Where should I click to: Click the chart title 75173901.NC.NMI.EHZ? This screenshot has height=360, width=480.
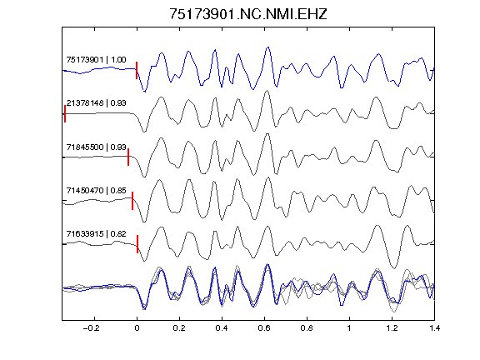click(x=248, y=14)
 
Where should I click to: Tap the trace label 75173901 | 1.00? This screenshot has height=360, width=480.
click(x=96, y=59)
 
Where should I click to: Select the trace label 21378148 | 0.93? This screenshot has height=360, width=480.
click(x=96, y=102)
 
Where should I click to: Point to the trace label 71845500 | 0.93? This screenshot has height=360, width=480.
click(x=96, y=147)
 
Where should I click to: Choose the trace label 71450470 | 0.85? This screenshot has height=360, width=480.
click(x=96, y=190)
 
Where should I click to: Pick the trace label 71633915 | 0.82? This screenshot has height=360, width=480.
click(x=96, y=234)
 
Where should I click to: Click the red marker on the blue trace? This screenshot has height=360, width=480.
click(x=137, y=70)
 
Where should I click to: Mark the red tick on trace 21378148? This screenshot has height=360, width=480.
click(x=65, y=114)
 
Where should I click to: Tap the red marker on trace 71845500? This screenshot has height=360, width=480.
click(x=128, y=157)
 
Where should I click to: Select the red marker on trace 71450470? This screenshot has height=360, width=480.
click(x=132, y=201)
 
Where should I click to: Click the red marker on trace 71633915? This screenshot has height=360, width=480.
click(x=137, y=244)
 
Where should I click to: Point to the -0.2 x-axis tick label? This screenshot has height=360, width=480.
click(x=91, y=328)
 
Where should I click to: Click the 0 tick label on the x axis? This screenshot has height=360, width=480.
click(x=137, y=328)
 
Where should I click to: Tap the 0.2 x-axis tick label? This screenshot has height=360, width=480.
click(x=179, y=328)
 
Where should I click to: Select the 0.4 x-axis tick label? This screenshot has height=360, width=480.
click(x=222, y=328)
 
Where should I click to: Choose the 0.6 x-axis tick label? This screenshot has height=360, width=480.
click(x=264, y=328)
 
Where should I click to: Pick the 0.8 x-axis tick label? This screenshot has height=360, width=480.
click(x=307, y=328)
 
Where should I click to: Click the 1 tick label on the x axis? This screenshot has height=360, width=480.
click(x=349, y=328)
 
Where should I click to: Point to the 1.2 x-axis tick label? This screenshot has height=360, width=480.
click(x=392, y=328)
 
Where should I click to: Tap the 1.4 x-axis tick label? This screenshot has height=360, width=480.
click(x=434, y=328)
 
